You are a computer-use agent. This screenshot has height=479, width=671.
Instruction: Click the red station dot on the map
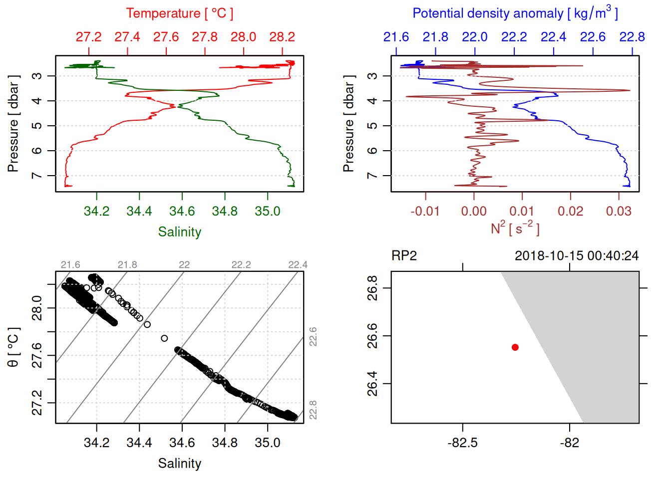pos(515,347)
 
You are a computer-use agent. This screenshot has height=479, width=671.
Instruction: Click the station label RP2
pos(404,256)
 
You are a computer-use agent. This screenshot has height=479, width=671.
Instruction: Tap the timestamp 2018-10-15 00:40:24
pos(576,256)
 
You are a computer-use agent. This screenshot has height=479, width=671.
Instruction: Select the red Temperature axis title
pos(179,13)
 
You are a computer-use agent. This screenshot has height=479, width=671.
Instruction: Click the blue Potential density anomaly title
pos(515,13)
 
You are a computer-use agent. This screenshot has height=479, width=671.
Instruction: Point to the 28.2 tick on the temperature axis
pos(282,37)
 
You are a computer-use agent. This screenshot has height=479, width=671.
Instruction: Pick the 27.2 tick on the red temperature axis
pos(88,37)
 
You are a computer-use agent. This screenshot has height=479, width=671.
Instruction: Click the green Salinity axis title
pos(179,232)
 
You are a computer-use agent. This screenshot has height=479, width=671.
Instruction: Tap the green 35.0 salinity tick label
pos(267,212)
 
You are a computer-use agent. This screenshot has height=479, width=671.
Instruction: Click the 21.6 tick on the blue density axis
pos(396,37)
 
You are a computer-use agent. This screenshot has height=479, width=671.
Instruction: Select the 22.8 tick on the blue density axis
pos(632,37)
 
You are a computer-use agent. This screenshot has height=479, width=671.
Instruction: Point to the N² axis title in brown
pos(515,229)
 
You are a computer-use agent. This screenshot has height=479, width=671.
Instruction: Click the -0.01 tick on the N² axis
pos(425,212)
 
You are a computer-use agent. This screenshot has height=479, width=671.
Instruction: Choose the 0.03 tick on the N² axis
pos(619,212)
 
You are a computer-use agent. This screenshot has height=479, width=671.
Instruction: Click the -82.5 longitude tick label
pos(462,443)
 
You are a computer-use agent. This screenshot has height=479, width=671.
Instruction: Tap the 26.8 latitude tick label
pos(372,288)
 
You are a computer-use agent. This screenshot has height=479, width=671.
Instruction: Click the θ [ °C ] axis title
pos(13,347)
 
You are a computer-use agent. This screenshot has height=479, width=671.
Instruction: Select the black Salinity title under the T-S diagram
pos(179,464)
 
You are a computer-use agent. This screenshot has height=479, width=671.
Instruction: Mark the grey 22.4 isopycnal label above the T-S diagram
pos(298,265)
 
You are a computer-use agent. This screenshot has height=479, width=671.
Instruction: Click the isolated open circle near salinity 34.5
pos(164,338)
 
